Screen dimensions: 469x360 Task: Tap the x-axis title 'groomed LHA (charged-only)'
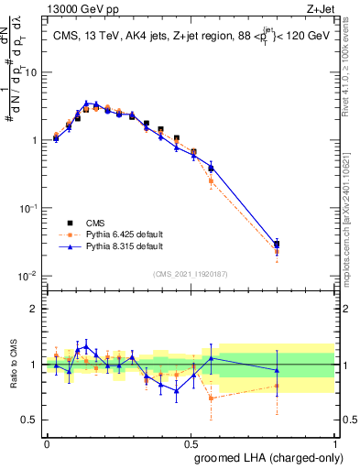point(266,457)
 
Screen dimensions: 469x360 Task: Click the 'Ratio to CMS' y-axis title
point(14,364)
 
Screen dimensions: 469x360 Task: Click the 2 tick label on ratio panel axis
point(35,309)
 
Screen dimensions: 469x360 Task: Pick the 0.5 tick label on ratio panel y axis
point(31,420)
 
